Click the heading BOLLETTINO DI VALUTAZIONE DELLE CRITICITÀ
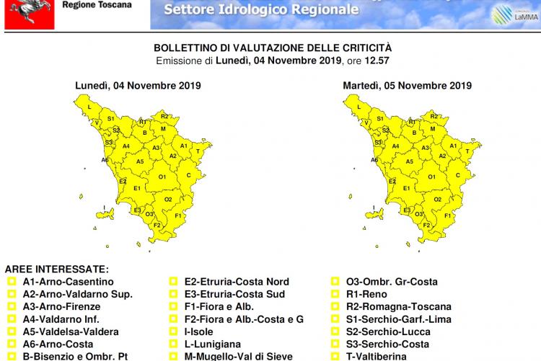pos(273,47)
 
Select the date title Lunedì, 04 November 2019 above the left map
pos(138,86)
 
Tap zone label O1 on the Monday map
pos(162,177)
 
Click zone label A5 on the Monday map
pos(141,161)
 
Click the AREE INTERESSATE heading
pos(57,268)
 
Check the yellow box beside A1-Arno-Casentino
pos(11,282)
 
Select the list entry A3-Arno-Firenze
pos(61,306)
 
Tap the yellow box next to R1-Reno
pos(335,294)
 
